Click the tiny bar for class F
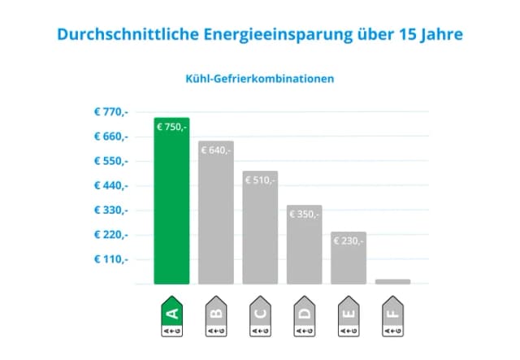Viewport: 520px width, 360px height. click(x=392, y=281)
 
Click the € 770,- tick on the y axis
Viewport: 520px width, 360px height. click(x=110, y=111)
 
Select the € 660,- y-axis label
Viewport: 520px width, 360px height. click(x=110, y=137)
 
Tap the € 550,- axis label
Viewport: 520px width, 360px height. click(x=110, y=161)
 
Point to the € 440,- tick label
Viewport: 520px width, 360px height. click(x=110, y=185)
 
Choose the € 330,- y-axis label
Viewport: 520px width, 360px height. click(x=110, y=210)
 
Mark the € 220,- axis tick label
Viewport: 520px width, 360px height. click(x=110, y=235)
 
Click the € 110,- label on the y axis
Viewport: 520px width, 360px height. click(x=110, y=259)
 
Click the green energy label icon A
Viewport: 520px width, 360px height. click(x=171, y=319)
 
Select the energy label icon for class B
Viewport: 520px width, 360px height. click(x=215, y=319)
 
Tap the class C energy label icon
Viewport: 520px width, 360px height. click(x=260, y=319)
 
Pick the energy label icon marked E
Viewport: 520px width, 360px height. click(x=349, y=319)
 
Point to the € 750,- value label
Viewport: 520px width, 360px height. click(x=171, y=127)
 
